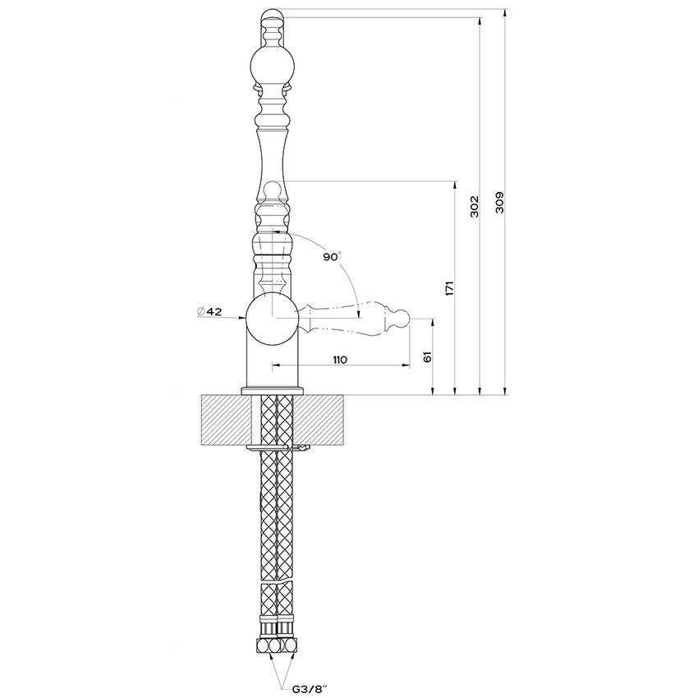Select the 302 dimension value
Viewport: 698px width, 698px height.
pyautogui.click(x=474, y=206)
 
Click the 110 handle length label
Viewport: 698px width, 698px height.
pyautogui.click(x=341, y=360)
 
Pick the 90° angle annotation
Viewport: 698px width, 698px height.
pyautogui.click(x=331, y=257)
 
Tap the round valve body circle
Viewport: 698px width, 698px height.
pyautogui.click(x=272, y=318)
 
